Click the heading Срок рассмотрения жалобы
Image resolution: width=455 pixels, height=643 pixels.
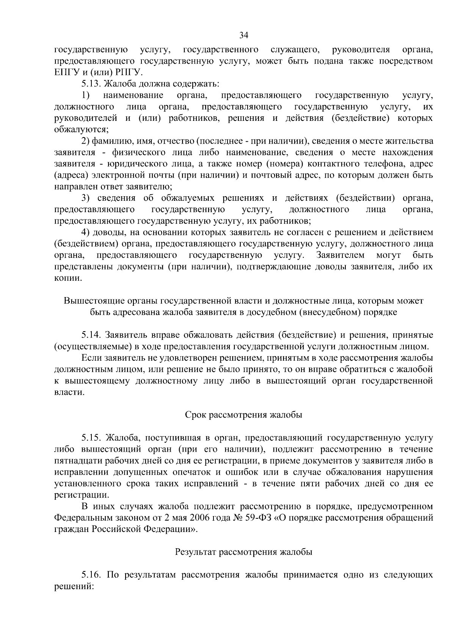243,415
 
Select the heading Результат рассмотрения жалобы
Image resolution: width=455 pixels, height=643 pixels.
243,552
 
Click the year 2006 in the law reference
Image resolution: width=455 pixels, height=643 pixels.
210,518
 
